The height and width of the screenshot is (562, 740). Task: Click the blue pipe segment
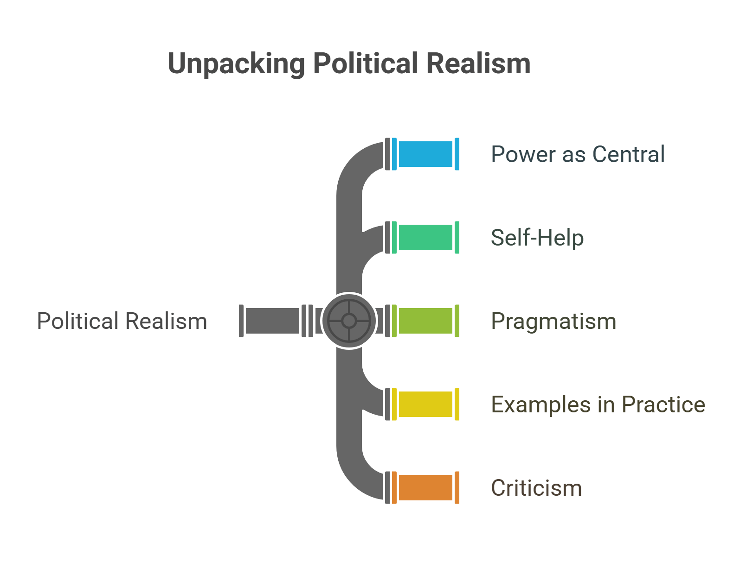point(425,154)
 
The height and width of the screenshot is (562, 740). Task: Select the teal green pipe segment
point(425,237)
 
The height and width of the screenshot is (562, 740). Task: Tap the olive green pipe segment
point(425,321)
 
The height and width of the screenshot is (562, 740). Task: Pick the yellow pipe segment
point(425,404)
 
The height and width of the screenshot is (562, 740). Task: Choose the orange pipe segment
point(425,487)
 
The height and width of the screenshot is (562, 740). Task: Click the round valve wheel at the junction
point(349,321)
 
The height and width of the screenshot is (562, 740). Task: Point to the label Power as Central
point(578,154)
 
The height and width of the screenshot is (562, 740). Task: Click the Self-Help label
point(537,238)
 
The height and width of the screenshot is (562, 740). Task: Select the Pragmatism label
point(553,321)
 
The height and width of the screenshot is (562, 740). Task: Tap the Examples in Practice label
point(598,404)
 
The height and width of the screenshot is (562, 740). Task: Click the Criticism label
point(536,488)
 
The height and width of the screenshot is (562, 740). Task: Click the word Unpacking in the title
point(236,63)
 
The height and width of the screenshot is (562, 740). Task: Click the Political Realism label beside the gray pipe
point(122,321)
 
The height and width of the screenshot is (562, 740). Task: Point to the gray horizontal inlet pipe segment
point(272,321)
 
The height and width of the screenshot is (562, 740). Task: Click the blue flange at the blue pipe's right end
point(457,154)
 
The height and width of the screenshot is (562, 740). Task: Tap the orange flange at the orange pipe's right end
point(457,487)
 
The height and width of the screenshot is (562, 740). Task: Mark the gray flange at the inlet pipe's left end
point(241,321)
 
